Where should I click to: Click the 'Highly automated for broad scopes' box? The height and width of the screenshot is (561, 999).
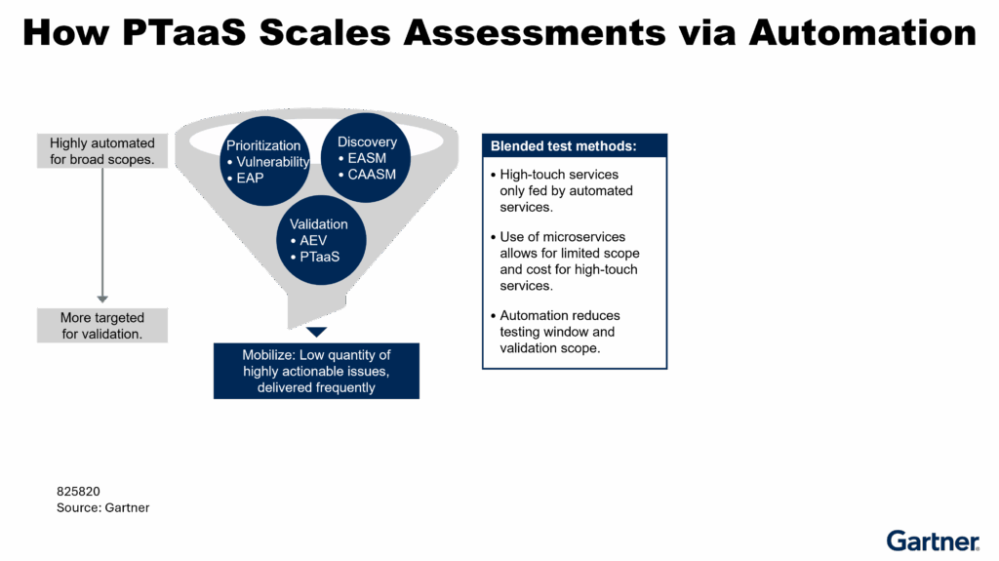pyautogui.click(x=102, y=151)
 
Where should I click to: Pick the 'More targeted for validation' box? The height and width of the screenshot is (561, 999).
pyautogui.click(x=102, y=326)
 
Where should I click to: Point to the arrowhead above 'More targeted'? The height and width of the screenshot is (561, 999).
pyautogui.click(x=102, y=299)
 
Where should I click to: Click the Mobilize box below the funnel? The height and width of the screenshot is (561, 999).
pyautogui.click(x=316, y=371)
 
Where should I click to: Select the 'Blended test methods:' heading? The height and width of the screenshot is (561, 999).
pyautogui.click(x=564, y=146)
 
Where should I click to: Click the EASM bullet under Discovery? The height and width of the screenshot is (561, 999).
pyautogui.click(x=367, y=158)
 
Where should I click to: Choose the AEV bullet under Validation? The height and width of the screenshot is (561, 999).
pyautogui.click(x=312, y=240)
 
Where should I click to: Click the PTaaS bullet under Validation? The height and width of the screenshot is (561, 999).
pyautogui.click(x=320, y=256)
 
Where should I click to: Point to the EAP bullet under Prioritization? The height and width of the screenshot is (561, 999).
pyautogui.click(x=251, y=179)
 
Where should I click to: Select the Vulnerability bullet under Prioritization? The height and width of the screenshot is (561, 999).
pyautogui.click(x=272, y=162)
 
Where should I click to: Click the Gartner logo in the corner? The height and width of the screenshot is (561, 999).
pyautogui.click(x=933, y=541)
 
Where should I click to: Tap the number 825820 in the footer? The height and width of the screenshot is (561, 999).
pyautogui.click(x=79, y=492)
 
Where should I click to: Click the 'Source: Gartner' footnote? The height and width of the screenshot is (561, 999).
pyautogui.click(x=102, y=507)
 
